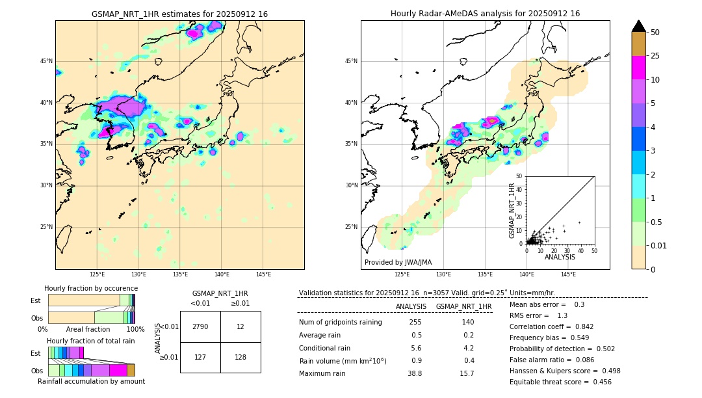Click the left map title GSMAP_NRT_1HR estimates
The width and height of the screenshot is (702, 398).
[x=179, y=14]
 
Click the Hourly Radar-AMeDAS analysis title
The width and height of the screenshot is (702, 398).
[x=485, y=14]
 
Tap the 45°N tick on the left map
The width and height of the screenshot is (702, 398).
[x=46, y=61]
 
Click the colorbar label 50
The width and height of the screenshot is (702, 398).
[x=655, y=32]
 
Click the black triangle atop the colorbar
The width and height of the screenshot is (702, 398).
[x=639, y=26]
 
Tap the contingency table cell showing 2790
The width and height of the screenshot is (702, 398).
[x=200, y=326]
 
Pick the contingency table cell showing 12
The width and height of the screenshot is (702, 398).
[x=240, y=326]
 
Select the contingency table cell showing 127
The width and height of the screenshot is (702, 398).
[x=200, y=357]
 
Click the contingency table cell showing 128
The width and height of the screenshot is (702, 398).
[x=240, y=357]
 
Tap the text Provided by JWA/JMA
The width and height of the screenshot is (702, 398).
[x=398, y=262]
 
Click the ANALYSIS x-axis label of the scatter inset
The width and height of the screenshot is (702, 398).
[x=560, y=257]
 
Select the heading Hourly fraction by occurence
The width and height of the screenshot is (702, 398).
[x=91, y=288]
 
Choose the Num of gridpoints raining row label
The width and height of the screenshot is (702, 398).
[x=340, y=323]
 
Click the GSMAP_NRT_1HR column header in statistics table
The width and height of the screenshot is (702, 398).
[x=463, y=306]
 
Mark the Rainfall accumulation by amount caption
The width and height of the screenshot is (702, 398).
[x=91, y=381]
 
